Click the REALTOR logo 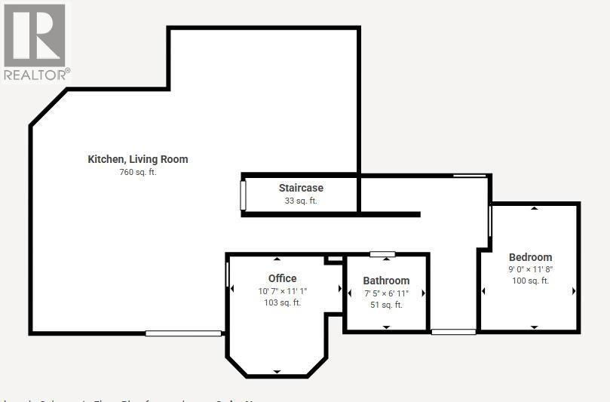coord(35,41)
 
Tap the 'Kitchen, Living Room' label coord(138,159)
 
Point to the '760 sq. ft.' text coord(138,172)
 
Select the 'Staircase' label coord(301,188)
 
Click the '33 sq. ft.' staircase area coord(301,201)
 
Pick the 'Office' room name coord(282,278)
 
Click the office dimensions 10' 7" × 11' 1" coord(282,291)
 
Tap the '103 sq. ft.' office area coord(282,303)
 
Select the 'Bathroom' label coord(386,281)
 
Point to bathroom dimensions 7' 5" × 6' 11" coord(386,293)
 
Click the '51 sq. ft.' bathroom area coord(386,305)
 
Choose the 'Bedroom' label coord(530,257)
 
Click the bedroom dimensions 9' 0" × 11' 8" coord(530,269)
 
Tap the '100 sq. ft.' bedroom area coord(530,281)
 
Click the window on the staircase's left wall coord(243,195)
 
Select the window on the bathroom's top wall coord(382,254)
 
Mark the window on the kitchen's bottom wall coord(183,333)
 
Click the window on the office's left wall coord(227,274)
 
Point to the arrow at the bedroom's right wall coord(574,291)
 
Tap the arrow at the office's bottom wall coord(277,372)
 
